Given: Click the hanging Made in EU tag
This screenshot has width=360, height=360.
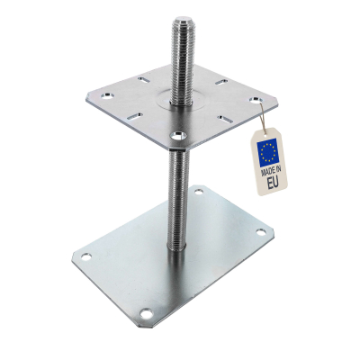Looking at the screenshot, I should [268, 162].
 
